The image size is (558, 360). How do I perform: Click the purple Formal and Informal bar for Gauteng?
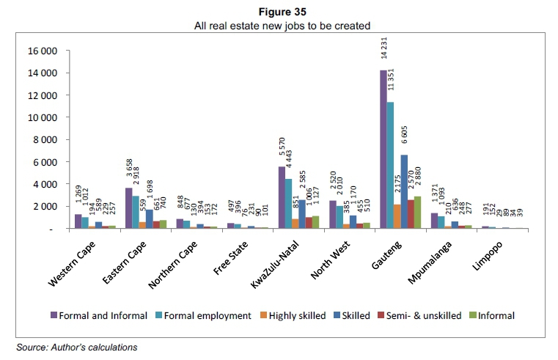[x=383, y=150]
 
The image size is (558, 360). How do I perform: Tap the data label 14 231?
[x=383, y=49]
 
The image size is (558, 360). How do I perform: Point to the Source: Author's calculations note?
[x=77, y=347]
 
